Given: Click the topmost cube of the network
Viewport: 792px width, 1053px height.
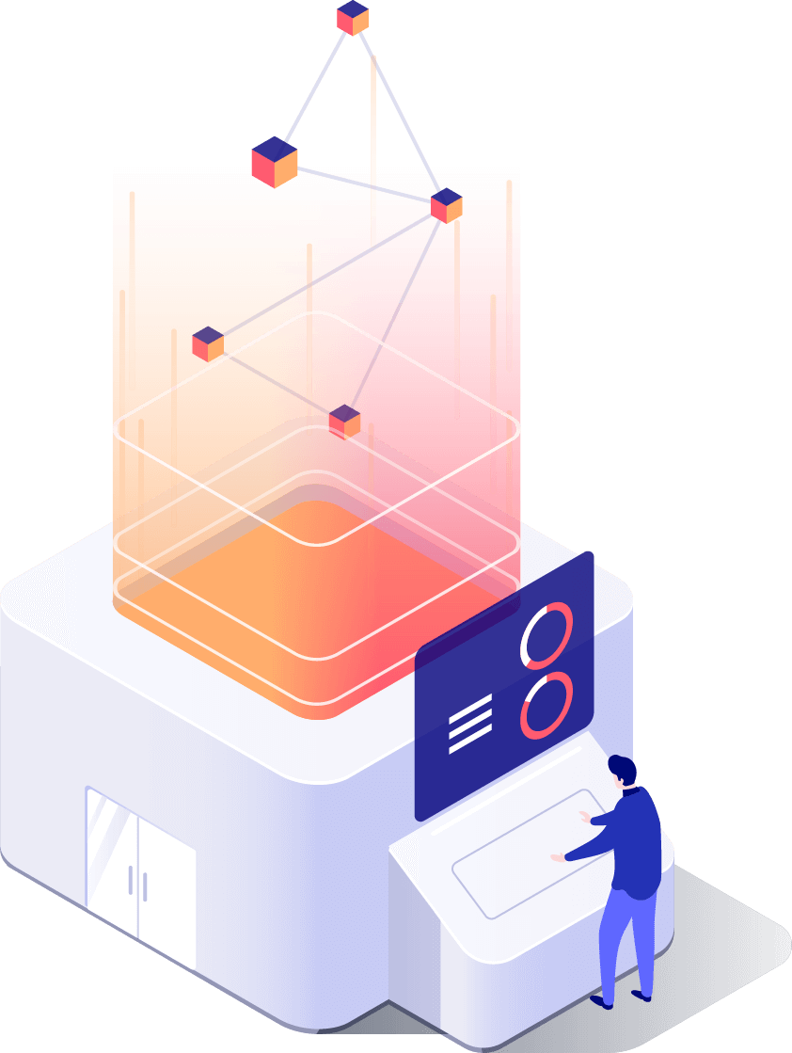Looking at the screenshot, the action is tap(353, 18).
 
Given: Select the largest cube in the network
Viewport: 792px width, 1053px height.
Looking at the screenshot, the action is tap(275, 162).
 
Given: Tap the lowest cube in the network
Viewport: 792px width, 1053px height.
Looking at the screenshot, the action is tap(345, 421).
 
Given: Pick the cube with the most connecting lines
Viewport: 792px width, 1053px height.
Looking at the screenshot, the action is tap(447, 205).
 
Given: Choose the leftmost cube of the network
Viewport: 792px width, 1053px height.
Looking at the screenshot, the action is tap(207, 343).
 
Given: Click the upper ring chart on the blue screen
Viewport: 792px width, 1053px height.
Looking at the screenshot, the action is tap(546, 636).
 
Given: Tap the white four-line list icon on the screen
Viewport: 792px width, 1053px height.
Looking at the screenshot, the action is tap(470, 726).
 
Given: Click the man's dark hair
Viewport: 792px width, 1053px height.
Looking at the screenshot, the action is tap(623, 768).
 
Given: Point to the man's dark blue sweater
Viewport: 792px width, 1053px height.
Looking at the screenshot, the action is tap(635, 842).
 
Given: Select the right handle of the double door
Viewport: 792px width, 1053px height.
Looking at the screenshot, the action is tap(146, 886).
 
